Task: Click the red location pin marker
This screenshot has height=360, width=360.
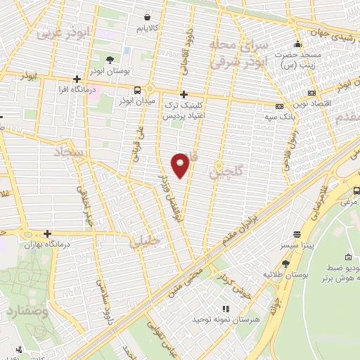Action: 181,165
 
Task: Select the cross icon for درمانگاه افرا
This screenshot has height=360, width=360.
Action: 76,79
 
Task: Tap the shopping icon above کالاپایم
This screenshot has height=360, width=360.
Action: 146,16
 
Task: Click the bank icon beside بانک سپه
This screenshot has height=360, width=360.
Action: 280,107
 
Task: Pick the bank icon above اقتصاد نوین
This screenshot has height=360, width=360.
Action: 312,91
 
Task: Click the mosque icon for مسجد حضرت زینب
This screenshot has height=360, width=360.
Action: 298,44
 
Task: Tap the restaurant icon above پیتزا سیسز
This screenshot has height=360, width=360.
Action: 297,234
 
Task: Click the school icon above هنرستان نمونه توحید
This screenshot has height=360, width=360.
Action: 225,309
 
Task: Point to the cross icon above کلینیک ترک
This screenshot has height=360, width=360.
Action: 184,94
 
